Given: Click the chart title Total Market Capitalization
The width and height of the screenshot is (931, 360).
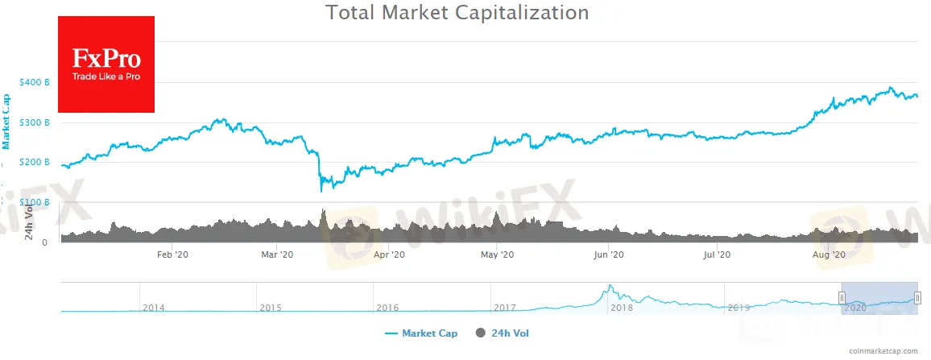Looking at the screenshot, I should (x=457, y=13).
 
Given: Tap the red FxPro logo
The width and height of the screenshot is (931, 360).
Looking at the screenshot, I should (x=106, y=64).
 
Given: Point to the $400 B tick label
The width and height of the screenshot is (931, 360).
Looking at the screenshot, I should (x=35, y=82).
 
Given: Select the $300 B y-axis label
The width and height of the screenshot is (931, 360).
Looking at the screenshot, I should (x=35, y=122).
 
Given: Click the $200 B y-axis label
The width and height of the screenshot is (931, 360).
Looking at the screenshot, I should (x=35, y=163).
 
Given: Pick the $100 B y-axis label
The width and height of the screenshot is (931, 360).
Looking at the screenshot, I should (x=35, y=202).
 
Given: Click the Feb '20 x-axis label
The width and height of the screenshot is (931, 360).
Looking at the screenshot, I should (x=172, y=254).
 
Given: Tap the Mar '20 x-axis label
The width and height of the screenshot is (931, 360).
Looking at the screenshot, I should (x=278, y=254).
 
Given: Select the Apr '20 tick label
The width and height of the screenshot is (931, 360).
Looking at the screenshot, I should (x=390, y=254).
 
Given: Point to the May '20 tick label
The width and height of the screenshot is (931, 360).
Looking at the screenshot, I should (x=497, y=254).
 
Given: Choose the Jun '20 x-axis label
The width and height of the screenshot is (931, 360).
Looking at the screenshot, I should (x=609, y=254).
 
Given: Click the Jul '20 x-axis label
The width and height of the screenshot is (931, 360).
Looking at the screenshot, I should (x=717, y=254).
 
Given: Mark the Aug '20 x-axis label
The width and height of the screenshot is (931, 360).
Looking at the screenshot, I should (x=828, y=254).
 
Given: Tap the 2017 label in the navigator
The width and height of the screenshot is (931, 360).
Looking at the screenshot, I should (x=505, y=308).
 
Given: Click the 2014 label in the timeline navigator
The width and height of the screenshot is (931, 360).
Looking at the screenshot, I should (x=153, y=308).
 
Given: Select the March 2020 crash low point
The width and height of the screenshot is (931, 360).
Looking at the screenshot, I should (x=321, y=191).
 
